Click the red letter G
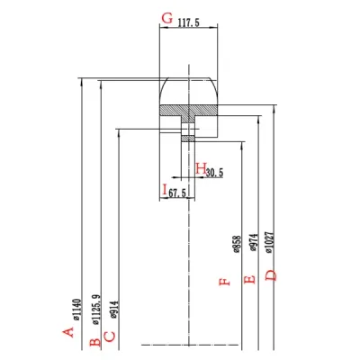coord(166,19)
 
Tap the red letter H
coord(199,167)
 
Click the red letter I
coord(165,190)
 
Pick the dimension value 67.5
coord(176,193)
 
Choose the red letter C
coord(109,336)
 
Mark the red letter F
coord(226,280)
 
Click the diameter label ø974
coord(254,246)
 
